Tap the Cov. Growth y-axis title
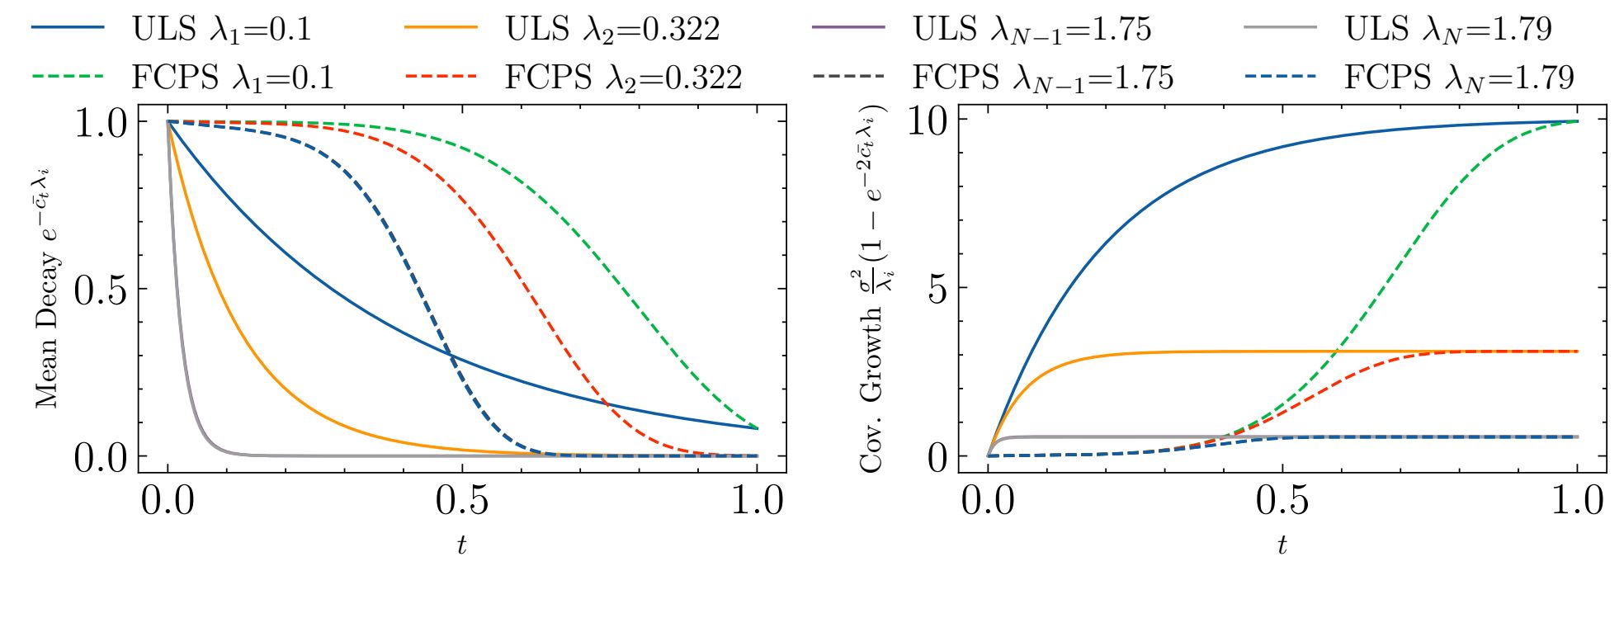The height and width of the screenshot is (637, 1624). pyautogui.click(x=873, y=289)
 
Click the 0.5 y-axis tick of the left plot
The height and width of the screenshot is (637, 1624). pyautogui.click(x=101, y=290)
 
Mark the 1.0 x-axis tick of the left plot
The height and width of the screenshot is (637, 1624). pyautogui.click(x=758, y=501)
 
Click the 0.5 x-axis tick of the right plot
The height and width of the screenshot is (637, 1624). pyautogui.click(x=1282, y=501)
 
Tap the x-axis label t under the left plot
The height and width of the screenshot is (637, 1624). pyautogui.click(x=461, y=545)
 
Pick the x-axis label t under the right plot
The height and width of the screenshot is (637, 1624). pyautogui.click(x=1282, y=545)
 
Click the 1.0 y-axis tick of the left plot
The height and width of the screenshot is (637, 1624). pyautogui.click(x=101, y=124)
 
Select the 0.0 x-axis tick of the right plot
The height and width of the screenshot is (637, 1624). pyautogui.click(x=988, y=501)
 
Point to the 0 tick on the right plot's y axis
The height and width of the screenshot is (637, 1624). pyautogui.click(x=937, y=457)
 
